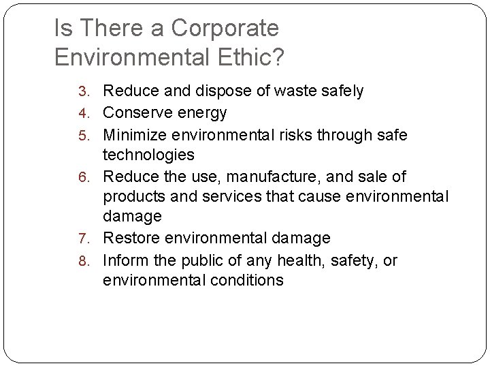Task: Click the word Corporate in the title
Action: (225, 29)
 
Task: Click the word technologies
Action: (148, 155)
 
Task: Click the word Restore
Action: (133, 239)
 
